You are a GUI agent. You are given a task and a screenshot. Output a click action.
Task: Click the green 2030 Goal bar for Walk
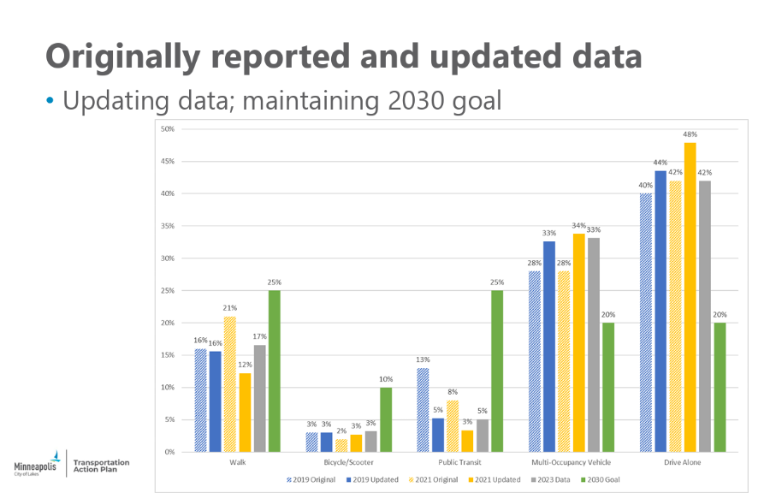(274, 371)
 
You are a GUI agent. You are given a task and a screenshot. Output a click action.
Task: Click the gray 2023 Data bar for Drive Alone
(704, 316)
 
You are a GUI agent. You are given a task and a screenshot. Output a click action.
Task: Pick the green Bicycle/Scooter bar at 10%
(386, 419)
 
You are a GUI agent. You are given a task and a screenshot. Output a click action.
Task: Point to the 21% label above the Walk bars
(230, 308)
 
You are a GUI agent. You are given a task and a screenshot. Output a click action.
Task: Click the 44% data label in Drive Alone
(660, 163)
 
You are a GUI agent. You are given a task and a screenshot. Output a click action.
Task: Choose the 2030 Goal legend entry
(602, 479)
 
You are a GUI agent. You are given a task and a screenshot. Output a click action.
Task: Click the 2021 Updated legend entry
(495, 479)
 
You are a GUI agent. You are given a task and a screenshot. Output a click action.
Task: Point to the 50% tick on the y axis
(168, 129)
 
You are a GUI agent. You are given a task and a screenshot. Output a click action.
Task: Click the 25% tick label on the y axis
(168, 290)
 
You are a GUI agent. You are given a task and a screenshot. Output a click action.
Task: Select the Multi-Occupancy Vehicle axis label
(571, 464)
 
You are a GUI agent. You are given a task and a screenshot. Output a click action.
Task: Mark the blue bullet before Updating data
(50, 101)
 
